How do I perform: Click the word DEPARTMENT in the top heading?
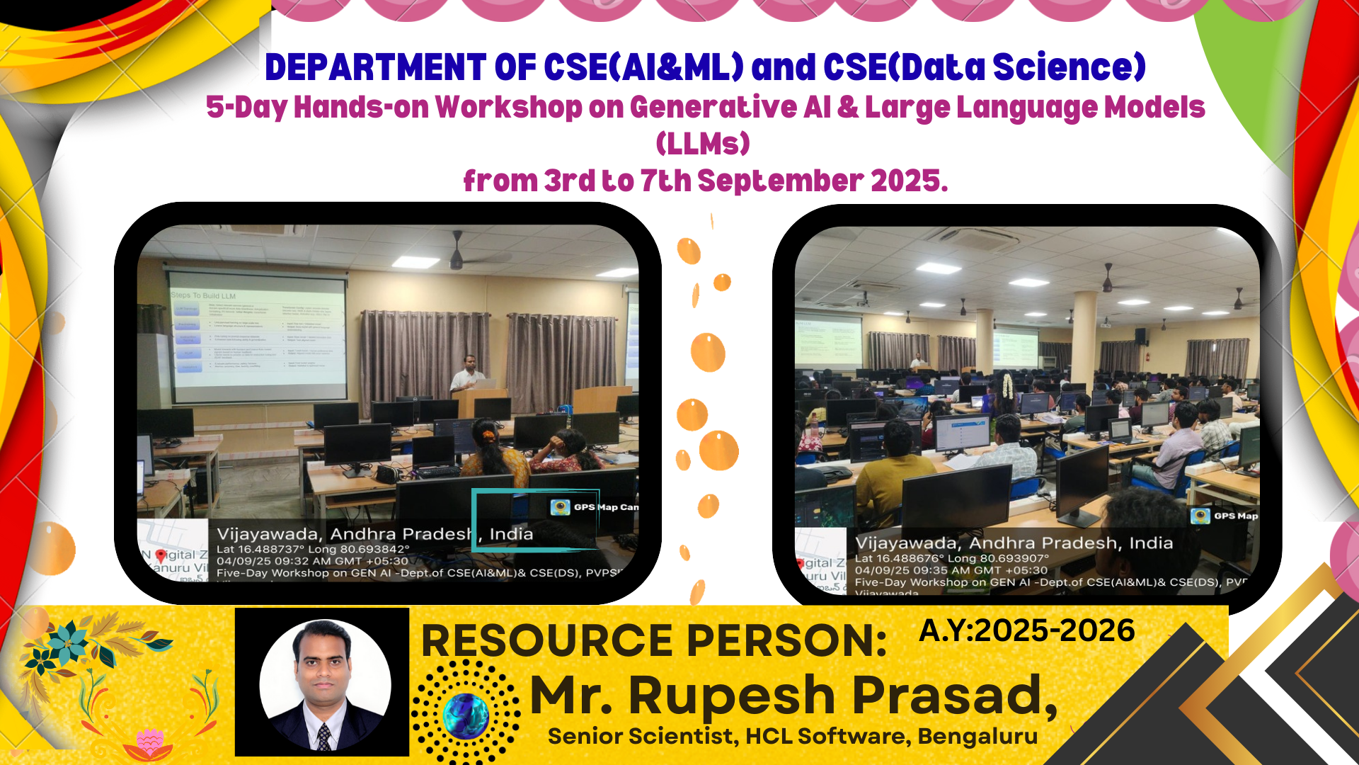click(x=374, y=67)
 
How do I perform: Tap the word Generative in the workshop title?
click(x=713, y=108)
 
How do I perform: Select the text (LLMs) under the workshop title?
click(x=702, y=144)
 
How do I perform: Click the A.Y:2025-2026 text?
click(x=1026, y=630)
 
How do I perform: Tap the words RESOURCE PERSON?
click(x=653, y=641)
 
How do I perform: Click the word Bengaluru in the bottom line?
click(x=977, y=737)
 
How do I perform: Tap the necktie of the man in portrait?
click(x=323, y=737)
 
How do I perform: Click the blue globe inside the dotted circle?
click(x=466, y=715)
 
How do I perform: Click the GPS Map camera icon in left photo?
click(x=561, y=506)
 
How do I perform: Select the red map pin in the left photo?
click(x=161, y=556)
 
